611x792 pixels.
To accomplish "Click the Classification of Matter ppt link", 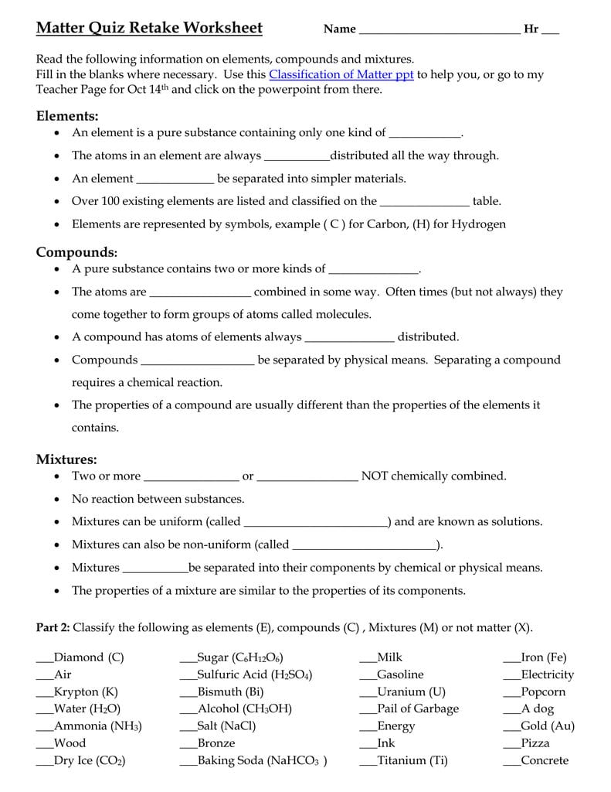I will click(x=341, y=74).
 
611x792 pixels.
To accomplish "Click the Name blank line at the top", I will click(x=439, y=31).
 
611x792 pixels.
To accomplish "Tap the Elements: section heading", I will click(x=67, y=116).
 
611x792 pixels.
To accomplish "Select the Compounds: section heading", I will click(x=76, y=252).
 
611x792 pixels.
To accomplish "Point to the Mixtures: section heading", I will click(x=66, y=459).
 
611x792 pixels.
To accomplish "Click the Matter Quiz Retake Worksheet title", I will click(x=149, y=29).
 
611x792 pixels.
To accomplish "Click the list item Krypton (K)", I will click(x=86, y=691).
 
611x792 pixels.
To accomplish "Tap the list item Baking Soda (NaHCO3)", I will click(x=262, y=760).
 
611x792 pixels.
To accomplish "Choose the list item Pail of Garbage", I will click(x=417, y=708).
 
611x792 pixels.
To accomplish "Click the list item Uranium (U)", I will click(x=411, y=691).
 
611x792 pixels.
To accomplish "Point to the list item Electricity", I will click(x=547, y=674).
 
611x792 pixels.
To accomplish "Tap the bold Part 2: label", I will click(x=53, y=627).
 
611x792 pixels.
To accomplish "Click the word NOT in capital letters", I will click(x=375, y=476).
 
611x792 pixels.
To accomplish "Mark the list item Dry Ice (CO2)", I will click(x=89, y=760).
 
